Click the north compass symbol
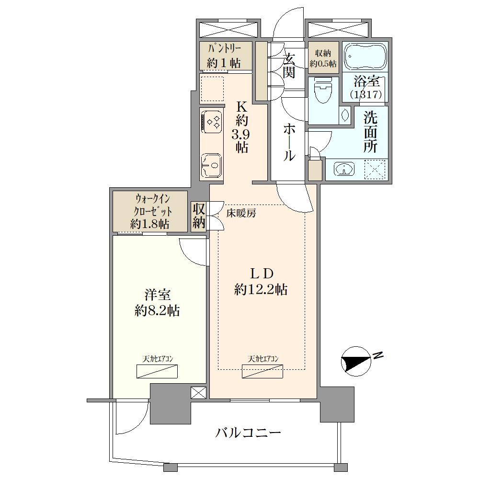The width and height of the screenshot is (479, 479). coord(356,361)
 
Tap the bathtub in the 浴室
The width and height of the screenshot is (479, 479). coord(365,57)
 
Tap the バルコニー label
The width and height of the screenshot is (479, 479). coord(248,433)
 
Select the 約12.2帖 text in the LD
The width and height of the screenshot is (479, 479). coord(261,289)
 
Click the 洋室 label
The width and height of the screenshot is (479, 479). coord(157,295)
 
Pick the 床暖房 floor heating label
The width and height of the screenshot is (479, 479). coord(241,213)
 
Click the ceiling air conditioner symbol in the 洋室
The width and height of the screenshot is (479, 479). coord(157,371)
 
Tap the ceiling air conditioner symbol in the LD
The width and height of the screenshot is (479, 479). coord(262,371)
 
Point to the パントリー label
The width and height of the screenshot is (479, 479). coord(225,49)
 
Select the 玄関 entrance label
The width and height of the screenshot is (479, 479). coord(289,65)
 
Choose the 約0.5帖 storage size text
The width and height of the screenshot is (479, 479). coord(323,64)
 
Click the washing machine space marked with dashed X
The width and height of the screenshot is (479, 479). coord(375,169)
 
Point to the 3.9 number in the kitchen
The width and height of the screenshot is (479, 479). coord(241,134)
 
